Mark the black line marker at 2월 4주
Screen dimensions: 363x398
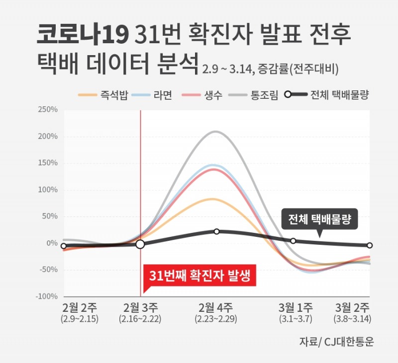pyautogui.click(x=216, y=231)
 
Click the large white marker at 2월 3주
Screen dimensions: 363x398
pyautogui.click(x=140, y=244)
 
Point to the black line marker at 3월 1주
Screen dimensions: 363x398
pyautogui.click(x=293, y=241)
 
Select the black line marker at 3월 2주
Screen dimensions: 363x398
pyautogui.click(x=370, y=245)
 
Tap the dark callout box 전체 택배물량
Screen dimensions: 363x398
pyautogui.click(x=319, y=219)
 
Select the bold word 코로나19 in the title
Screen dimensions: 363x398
pyautogui.click(x=83, y=35)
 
